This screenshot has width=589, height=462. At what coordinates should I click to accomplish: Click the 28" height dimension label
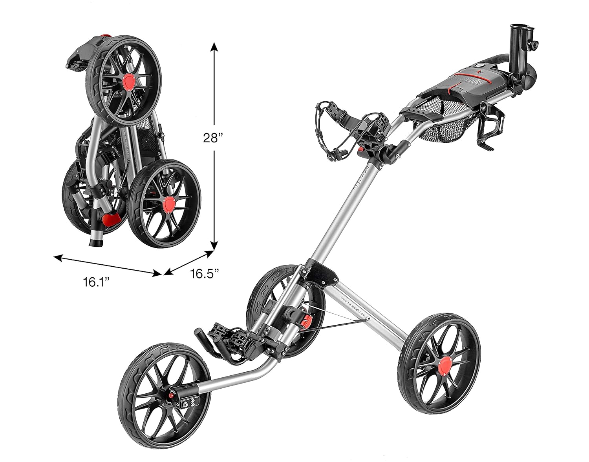213,138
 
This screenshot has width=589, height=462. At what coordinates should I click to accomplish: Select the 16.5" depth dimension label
205,273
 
